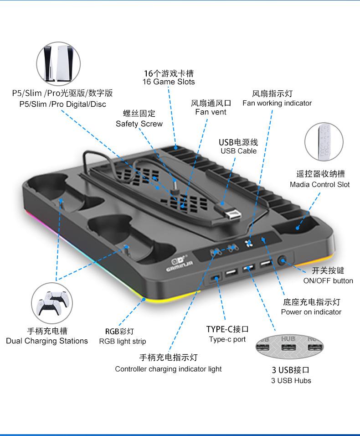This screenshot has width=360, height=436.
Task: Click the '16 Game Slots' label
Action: tap(169, 82)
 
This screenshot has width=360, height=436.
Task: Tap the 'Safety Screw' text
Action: tap(139, 124)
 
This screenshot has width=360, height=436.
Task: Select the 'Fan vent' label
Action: tap(211, 112)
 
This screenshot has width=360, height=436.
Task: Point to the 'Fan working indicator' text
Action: tap(277, 103)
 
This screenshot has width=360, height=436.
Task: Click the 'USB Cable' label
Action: tap(238, 151)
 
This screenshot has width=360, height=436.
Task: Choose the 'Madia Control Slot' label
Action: tap(319, 185)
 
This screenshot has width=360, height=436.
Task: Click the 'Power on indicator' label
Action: tap(311, 312)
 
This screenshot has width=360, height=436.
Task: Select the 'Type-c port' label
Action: tap(227, 339)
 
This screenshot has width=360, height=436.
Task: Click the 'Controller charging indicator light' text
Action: tap(168, 369)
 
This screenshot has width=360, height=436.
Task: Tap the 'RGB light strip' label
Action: tap(123, 342)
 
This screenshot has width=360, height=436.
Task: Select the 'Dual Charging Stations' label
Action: tap(47, 341)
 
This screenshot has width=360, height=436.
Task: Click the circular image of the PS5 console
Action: tap(58, 65)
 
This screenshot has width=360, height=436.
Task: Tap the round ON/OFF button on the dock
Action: tap(283, 261)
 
